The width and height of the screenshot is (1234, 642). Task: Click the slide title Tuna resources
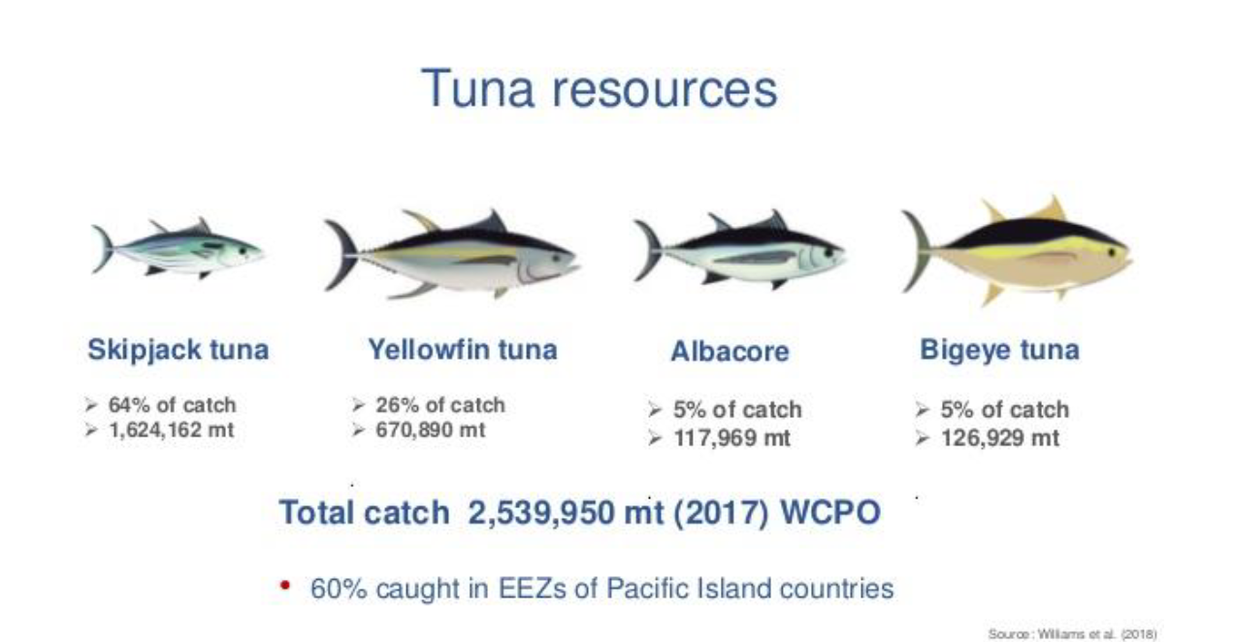click(600, 88)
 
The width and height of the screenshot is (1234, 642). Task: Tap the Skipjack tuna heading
click(178, 350)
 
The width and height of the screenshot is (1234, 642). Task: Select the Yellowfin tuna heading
click(463, 350)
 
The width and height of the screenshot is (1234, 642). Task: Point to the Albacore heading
click(730, 351)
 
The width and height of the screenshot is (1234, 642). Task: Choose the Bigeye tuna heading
click(1000, 350)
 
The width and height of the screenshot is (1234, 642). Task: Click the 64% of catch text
click(173, 405)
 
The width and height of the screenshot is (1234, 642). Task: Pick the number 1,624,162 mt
click(172, 430)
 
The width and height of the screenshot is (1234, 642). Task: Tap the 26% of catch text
click(440, 405)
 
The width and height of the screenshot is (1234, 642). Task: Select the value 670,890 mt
click(430, 430)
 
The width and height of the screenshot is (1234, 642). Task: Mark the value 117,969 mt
click(732, 438)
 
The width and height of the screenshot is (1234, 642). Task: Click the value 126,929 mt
click(1000, 438)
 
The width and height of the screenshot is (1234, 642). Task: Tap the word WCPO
click(830, 513)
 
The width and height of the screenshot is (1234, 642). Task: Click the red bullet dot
click(285, 585)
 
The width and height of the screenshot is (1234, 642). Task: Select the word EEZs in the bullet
click(533, 589)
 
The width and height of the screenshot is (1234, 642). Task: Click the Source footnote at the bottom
click(1072, 634)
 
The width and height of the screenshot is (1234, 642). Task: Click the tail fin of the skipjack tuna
click(103, 248)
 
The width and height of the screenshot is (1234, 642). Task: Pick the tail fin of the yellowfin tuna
click(341, 254)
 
